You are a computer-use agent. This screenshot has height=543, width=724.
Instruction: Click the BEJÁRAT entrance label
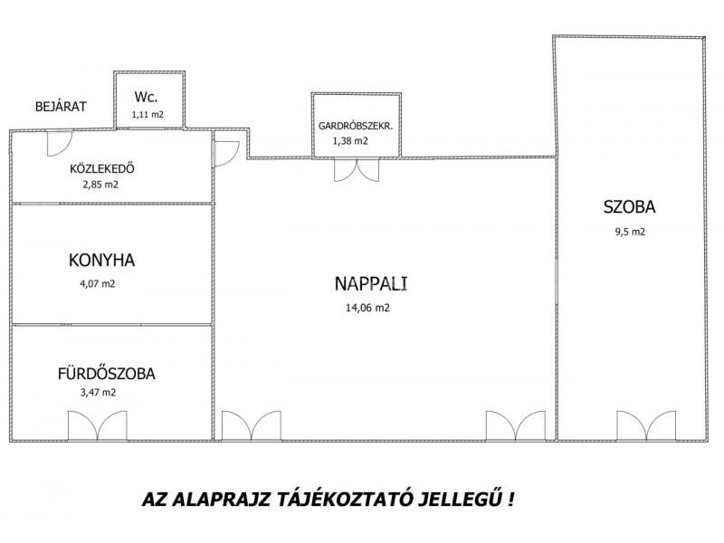(x=61, y=106)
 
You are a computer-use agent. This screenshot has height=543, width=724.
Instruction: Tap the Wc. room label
(x=146, y=97)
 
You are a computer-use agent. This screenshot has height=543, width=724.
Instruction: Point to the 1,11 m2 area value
(x=148, y=115)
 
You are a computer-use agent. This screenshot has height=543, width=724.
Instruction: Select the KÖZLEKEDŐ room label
(x=102, y=168)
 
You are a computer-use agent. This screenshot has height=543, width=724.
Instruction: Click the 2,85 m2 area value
(x=100, y=185)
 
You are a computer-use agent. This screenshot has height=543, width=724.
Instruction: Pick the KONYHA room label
(x=101, y=261)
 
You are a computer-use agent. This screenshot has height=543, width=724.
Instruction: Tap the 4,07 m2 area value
(x=98, y=283)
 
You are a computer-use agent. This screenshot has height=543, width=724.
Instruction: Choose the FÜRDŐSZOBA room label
(x=106, y=373)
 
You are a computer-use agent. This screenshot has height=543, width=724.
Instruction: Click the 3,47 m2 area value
(x=98, y=393)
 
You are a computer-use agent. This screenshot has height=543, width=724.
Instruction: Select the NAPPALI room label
(x=371, y=283)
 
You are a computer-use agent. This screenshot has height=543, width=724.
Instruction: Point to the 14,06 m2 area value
(x=367, y=308)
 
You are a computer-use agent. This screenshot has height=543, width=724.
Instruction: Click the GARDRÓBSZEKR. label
(x=356, y=126)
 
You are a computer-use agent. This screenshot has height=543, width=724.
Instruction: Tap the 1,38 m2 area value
(x=350, y=141)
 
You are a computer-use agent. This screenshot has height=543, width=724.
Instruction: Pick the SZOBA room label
(x=629, y=207)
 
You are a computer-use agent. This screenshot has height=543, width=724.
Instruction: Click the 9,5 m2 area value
(x=630, y=232)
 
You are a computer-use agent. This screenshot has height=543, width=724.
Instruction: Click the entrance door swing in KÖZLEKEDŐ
(x=60, y=144)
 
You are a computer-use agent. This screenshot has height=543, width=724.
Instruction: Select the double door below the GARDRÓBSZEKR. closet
(x=357, y=170)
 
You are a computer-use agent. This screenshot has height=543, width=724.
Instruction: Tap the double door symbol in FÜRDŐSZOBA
(x=98, y=425)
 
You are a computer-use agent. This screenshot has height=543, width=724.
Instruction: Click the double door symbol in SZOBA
(x=646, y=425)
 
